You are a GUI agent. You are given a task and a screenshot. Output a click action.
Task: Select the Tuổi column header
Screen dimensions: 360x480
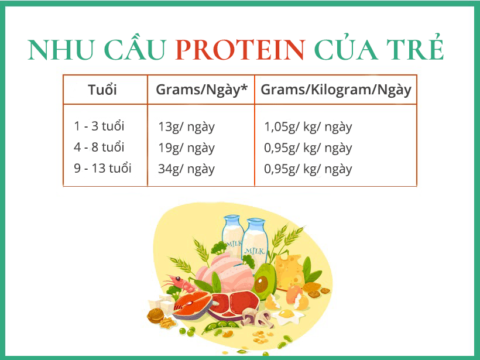[102, 90]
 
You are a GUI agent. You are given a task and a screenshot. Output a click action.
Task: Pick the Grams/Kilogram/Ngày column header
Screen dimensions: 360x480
[336, 90]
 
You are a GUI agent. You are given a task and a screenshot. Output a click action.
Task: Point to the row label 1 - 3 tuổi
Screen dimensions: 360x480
[100, 126]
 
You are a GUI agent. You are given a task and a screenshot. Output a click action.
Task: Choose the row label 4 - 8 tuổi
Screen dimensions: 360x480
[100, 147]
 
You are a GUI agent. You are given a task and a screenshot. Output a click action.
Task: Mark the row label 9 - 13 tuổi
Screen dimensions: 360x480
[102, 169]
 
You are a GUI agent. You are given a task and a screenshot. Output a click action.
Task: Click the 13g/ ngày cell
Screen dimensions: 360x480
[186, 126]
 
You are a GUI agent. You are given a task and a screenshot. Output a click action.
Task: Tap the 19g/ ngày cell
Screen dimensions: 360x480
[186, 148]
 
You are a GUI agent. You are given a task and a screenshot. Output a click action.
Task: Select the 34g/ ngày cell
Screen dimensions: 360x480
[186, 169]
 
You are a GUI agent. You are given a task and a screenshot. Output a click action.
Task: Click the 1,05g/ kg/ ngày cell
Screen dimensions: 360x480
[308, 126]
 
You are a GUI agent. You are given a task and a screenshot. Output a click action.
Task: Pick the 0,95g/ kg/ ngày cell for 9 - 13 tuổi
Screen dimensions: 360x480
[308, 169]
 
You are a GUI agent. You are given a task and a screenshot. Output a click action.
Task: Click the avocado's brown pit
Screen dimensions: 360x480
[262, 284]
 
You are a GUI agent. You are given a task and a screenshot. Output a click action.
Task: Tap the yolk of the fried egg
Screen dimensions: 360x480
[286, 314]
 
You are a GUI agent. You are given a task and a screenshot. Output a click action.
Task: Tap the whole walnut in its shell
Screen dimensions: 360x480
[155, 316]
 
